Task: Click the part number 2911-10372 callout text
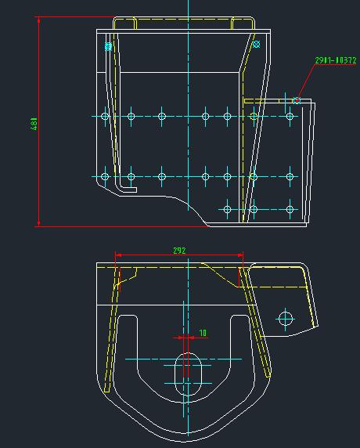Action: [335, 60]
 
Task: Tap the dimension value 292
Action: [179, 251]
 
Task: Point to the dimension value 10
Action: [203, 333]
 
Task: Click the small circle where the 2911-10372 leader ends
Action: [297, 100]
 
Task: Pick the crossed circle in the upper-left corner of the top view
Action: [109, 47]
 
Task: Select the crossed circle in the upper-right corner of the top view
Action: [256, 45]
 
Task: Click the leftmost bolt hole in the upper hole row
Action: [105, 117]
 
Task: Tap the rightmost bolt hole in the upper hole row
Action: [290, 117]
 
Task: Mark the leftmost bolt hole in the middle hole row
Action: [105, 176]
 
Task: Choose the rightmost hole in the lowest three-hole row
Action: [291, 209]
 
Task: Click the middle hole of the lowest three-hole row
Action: [254, 209]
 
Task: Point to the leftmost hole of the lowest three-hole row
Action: [227, 209]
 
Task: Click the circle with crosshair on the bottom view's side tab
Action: [285, 318]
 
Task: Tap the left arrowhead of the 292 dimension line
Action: [117, 255]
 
